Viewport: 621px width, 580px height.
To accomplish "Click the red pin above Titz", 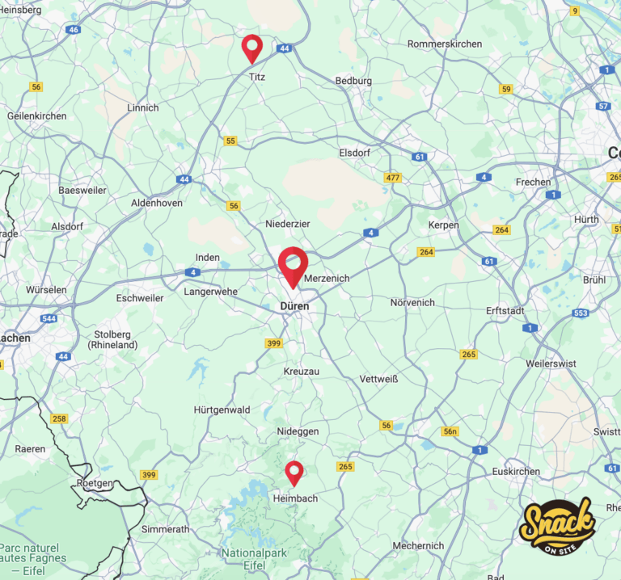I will (252, 48).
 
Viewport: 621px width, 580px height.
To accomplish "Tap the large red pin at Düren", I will (293, 266).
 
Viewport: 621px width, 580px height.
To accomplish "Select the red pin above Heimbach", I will (294, 472).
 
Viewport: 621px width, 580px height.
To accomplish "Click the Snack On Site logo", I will (558, 529).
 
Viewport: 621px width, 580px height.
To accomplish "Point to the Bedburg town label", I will (353, 81).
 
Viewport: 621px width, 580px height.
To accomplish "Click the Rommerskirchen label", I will (445, 44).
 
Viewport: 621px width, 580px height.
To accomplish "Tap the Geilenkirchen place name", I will (36, 116).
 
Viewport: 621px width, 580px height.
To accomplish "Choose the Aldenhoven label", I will (157, 203).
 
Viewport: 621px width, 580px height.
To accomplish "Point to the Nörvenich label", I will (412, 302).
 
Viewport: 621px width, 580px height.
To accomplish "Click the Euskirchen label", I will (516, 471).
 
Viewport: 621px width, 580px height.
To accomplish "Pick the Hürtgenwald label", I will (222, 410).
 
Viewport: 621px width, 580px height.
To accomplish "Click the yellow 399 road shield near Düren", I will (273, 343).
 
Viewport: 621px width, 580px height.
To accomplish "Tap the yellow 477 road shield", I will (393, 177).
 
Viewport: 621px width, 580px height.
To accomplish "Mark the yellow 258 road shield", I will (59, 418).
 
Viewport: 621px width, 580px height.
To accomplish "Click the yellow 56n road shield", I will (450, 431).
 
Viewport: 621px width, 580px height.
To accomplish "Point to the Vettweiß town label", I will (379, 378).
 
